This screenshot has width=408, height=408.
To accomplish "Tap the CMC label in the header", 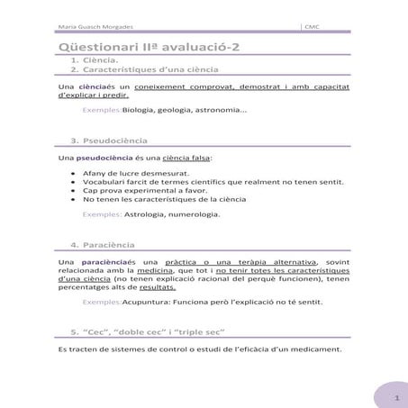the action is (x=315, y=27).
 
